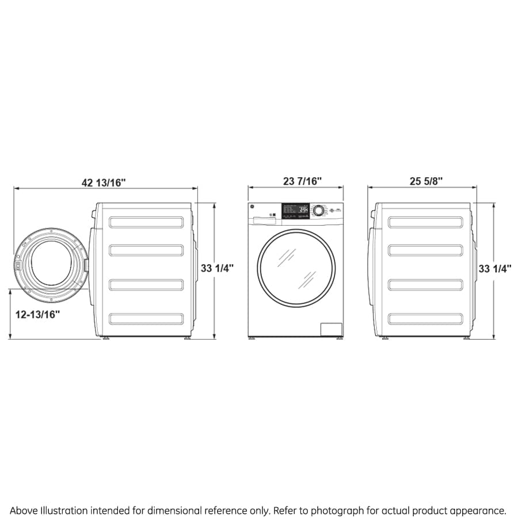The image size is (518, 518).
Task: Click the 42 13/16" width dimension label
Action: coord(104,182)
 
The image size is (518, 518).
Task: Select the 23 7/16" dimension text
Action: coord(302,181)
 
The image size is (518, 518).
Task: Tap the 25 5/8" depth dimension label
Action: coord(426,181)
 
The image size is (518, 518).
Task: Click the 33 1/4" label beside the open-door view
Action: coord(217,268)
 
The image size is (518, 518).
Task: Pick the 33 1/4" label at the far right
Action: coord(495,268)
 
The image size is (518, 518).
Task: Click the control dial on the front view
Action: coord(318,211)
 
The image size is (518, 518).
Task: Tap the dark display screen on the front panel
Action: coord(295,210)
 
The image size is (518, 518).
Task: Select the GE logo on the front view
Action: coord(252,208)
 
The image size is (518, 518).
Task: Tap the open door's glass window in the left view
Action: coord(51,264)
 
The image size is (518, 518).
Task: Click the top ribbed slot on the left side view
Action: coord(146,222)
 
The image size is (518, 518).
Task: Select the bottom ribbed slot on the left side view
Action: coord(146,318)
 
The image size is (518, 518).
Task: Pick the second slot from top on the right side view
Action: coord(425,250)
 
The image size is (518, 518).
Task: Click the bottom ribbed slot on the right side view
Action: coord(425,318)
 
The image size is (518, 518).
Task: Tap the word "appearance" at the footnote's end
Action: coord(478,511)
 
